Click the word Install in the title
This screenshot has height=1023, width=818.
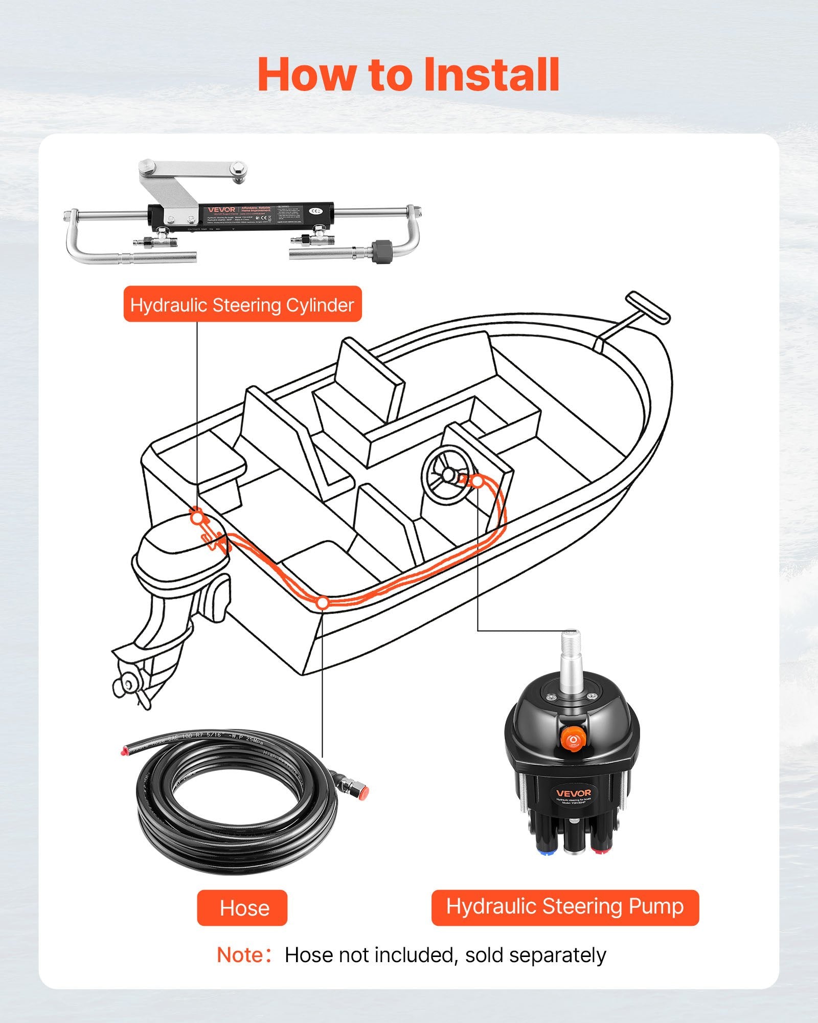492,75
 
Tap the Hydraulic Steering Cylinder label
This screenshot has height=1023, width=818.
242,305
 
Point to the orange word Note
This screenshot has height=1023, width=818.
240,955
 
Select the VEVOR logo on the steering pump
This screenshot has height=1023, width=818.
574,793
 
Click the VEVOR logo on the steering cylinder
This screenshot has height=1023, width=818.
221,209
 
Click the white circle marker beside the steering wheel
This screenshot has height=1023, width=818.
476,481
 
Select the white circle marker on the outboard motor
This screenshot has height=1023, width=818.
197,518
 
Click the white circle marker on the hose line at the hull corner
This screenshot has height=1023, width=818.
323,603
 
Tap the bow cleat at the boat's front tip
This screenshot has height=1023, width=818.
648,307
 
